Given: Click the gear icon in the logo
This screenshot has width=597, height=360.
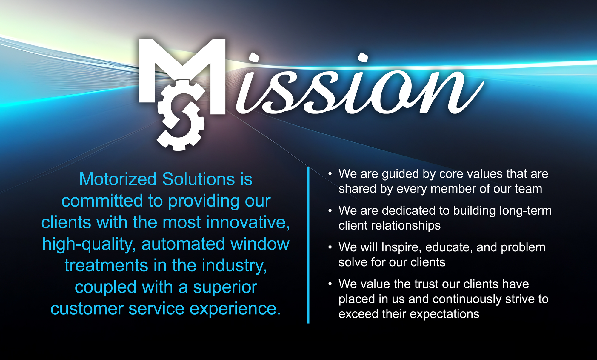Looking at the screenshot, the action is pos(181,115).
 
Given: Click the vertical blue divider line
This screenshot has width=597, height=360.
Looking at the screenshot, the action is pos(308,245).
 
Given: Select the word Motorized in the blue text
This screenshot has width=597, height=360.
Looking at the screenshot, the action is pos(118,179).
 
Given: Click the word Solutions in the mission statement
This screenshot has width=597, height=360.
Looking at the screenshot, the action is pos(199,179).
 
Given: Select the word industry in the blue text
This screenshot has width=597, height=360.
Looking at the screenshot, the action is pos(234,266).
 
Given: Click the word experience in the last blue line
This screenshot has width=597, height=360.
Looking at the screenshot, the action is pos(235,309).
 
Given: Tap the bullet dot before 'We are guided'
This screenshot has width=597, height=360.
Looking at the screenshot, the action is pos(330,174).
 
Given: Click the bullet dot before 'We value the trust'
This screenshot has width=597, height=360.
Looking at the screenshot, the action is pos(330,284).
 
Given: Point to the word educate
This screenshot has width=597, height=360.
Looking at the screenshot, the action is pos(449,247).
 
